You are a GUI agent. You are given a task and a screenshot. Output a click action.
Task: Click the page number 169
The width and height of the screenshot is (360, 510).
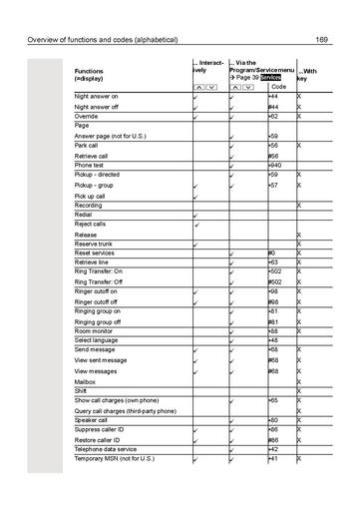(322, 40)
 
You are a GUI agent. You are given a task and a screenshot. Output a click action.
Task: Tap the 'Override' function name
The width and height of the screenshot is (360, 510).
(86, 116)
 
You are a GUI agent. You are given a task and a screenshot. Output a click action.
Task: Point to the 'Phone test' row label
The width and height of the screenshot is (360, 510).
(90, 165)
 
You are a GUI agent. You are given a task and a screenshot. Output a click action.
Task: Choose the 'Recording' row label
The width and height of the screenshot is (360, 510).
(88, 206)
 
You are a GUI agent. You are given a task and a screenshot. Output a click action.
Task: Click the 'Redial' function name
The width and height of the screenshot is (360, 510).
(83, 215)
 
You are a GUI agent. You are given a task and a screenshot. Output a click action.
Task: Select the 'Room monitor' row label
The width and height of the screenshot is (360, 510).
(93, 331)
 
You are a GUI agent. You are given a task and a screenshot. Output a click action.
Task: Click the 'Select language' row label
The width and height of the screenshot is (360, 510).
(96, 341)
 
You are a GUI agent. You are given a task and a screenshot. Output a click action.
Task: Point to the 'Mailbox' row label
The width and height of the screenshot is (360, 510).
(85, 381)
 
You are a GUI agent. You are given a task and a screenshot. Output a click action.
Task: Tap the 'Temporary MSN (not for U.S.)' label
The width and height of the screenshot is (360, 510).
(116, 459)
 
